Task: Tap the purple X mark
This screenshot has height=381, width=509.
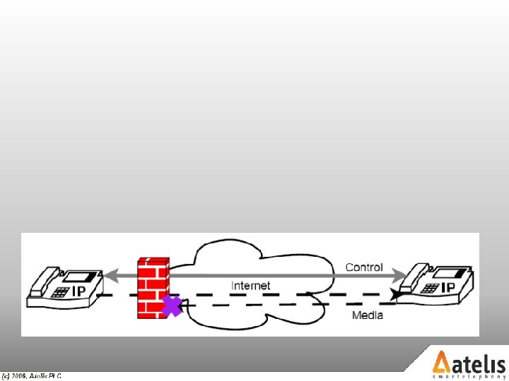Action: (x=172, y=306)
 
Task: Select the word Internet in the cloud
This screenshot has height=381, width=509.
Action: (x=251, y=286)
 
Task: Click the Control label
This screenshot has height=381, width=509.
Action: (x=364, y=267)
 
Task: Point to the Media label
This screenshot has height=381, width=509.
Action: (x=368, y=315)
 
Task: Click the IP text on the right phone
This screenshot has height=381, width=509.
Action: (x=447, y=288)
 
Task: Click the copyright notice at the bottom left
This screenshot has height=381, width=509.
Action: (x=32, y=376)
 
